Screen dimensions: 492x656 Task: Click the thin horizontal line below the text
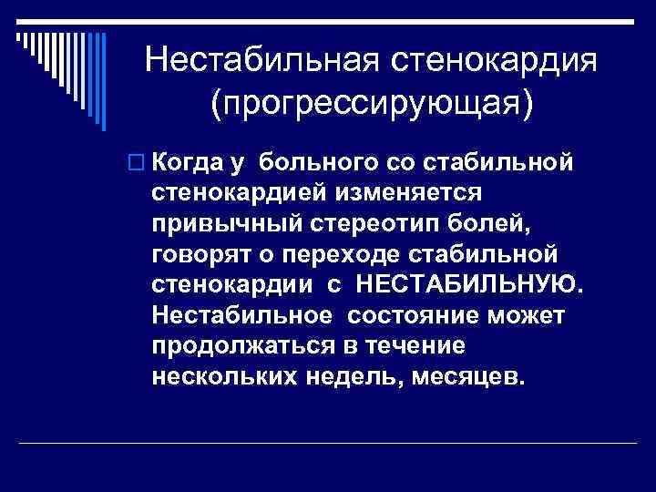pyautogui.click(x=328, y=443)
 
